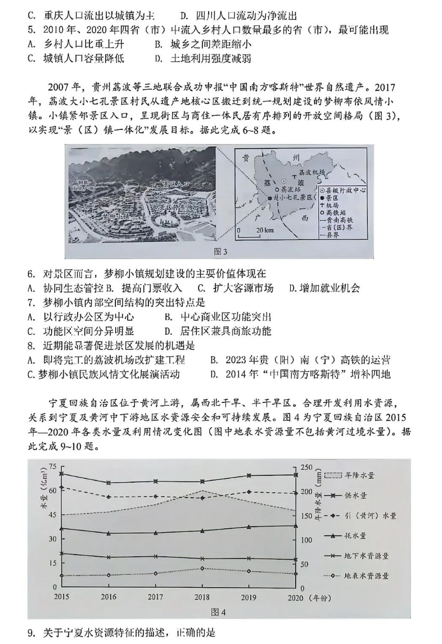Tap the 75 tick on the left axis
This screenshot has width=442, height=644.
pyautogui.click(x=53, y=466)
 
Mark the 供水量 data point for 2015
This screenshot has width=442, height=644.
pyautogui.click(x=61, y=473)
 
